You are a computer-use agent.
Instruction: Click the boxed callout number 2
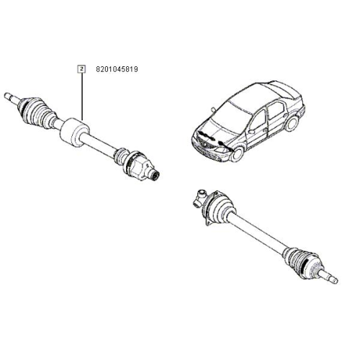[82, 69]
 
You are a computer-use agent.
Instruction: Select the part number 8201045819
[117, 69]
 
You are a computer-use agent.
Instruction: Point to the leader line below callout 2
[82, 96]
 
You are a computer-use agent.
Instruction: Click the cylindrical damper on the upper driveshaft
[74, 132]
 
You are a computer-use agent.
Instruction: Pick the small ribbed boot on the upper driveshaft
[121, 156]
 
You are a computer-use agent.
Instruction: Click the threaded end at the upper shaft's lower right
[154, 176]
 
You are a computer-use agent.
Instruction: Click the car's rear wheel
[292, 123]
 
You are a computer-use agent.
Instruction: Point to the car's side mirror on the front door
[251, 132]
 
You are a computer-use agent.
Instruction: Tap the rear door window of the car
[276, 110]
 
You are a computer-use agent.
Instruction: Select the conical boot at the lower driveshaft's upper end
[220, 207]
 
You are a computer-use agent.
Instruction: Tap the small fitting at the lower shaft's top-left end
[199, 197]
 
